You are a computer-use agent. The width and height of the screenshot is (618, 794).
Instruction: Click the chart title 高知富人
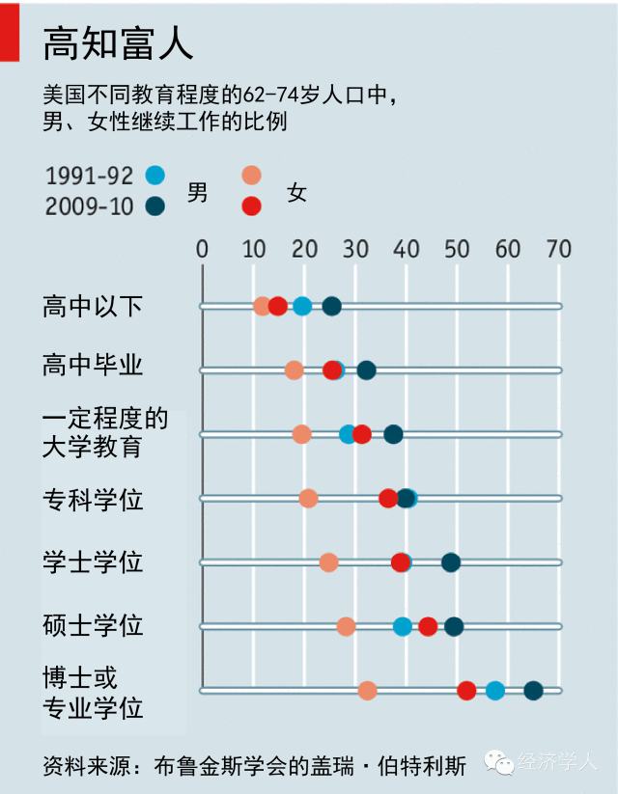click(x=119, y=43)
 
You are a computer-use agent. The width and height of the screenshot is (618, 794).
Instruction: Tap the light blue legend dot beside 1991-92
click(x=154, y=176)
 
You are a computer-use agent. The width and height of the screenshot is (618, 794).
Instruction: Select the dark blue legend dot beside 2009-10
click(x=154, y=205)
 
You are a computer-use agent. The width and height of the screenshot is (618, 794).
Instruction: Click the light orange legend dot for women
click(x=251, y=176)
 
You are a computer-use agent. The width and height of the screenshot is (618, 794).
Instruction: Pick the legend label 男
click(x=197, y=192)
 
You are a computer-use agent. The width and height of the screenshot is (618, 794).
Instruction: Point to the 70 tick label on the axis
click(x=558, y=249)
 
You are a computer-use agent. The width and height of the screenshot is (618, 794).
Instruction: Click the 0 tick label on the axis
click(x=202, y=249)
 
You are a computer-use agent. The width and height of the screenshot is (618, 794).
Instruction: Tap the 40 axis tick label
click(x=406, y=249)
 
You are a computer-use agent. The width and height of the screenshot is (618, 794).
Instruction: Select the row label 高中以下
click(x=93, y=307)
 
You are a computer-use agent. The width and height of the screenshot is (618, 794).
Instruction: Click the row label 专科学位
click(x=93, y=500)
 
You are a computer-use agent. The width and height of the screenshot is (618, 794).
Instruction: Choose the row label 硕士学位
click(x=93, y=625)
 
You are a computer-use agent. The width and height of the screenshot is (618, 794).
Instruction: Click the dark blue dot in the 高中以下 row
click(x=331, y=307)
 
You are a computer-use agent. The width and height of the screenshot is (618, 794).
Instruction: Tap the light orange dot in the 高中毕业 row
click(x=295, y=370)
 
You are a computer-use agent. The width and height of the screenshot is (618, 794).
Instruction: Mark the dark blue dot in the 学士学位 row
click(x=451, y=562)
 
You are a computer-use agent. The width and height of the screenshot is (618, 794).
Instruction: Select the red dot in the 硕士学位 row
click(x=428, y=626)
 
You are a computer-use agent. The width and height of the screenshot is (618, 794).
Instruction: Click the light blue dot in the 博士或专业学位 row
click(x=495, y=690)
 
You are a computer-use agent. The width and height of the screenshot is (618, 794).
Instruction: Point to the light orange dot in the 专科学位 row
click(x=308, y=499)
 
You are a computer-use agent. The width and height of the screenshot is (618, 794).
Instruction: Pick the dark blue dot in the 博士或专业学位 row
click(x=533, y=690)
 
